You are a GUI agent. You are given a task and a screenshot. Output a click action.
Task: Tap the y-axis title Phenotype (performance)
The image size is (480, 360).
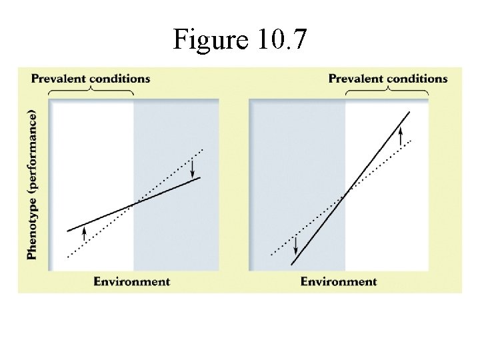[32, 184]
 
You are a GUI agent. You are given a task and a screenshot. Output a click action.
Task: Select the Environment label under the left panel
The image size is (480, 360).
[131, 281]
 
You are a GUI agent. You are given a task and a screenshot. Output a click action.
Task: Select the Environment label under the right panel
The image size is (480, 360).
[338, 281]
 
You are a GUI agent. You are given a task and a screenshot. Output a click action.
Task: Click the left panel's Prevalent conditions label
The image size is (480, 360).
[91, 79]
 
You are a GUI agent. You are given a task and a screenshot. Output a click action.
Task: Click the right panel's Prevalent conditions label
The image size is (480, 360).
[388, 79]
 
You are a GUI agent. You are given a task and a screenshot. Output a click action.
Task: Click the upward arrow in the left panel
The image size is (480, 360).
[85, 233]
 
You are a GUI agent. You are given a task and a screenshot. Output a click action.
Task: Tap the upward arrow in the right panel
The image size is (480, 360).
[400, 136]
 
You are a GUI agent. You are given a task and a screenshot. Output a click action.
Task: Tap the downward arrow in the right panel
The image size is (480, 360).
[295, 245]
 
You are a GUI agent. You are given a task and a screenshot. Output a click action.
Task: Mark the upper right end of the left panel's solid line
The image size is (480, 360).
[200, 178]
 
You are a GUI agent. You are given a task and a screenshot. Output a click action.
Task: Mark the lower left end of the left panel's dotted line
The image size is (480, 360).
[68, 256]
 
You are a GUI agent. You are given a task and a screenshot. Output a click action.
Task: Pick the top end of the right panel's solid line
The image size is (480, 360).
[409, 112]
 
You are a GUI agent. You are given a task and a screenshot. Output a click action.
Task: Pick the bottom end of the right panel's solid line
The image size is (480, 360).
[291, 265]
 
